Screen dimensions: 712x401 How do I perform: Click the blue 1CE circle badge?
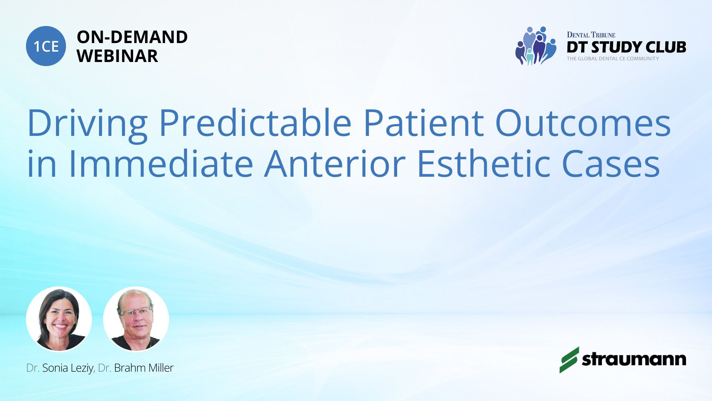pyautogui.click(x=46, y=46)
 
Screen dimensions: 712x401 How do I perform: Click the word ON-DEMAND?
pyautogui.click(x=132, y=37)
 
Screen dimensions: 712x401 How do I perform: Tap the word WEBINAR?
pyautogui.click(x=117, y=56)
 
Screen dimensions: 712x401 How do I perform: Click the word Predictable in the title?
pyautogui.click(x=256, y=123)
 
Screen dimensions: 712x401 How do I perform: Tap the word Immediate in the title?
pyautogui.click(x=161, y=163)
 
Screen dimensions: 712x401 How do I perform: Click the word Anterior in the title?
pyautogui.click(x=335, y=163)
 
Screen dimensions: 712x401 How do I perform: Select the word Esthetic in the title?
pyautogui.click(x=484, y=163)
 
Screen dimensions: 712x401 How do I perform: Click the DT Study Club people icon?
pyautogui.click(x=536, y=46)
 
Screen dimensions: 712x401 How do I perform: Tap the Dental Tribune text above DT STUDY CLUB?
pyautogui.click(x=591, y=35)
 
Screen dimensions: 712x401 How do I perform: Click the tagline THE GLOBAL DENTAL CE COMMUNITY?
pyautogui.click(x=613, y=59)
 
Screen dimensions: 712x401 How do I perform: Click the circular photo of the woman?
pyautogui.click(x=59, y=319)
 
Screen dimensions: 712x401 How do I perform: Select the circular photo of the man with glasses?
pyautogui.click(x=136, y=319)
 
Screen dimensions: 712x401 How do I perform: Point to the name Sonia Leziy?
pyautogui.click(x=67, y=368)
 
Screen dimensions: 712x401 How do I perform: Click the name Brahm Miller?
pyautogui.click(x=144, y=368)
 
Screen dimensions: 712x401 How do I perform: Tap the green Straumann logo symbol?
pyautogui.click(x=569, y=360)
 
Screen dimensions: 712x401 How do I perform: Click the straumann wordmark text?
pyautogui.click(x=634, y=359)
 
